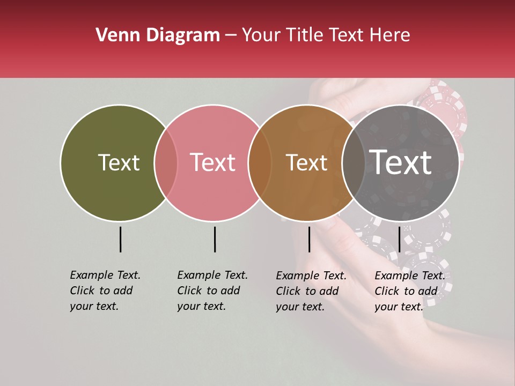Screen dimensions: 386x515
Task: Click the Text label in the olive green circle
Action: point(119,162)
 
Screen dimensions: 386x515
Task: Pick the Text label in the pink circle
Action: point(213,162)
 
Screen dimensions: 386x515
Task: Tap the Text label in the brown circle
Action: point(307,162)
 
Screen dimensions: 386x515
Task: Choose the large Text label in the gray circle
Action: point(401,162)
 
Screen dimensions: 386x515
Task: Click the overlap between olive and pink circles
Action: point(166,162)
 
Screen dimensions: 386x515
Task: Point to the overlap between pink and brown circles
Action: point(260,162)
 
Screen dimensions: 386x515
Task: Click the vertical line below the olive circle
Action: point(120,239)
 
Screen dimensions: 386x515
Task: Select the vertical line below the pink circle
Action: point(215,239)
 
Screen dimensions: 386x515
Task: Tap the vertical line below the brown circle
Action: point(309,239)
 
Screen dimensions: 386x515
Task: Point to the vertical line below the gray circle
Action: point(399,239)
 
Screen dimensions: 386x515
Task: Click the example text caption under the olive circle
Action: point(105,291)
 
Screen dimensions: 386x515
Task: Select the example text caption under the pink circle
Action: point(212,291)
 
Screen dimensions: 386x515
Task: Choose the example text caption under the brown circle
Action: point(311,291)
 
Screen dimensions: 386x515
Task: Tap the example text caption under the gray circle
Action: point(409,291)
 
